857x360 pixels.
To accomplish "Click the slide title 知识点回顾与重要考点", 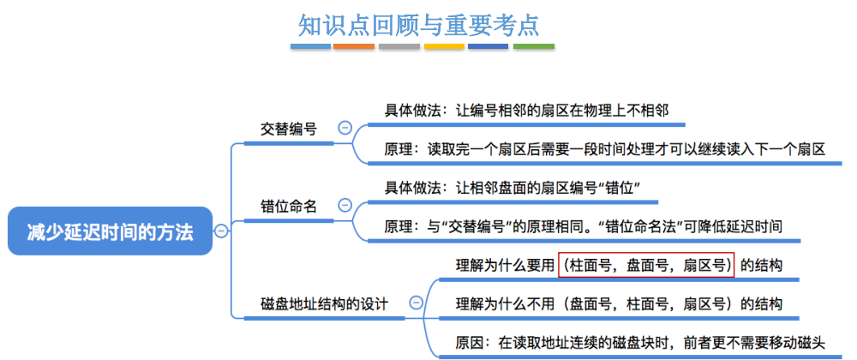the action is point(419,24).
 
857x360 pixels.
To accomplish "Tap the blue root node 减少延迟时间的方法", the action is point(110,231).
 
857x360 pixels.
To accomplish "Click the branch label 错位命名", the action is point(289,207).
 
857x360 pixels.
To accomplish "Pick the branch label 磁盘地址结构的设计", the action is point(325,303).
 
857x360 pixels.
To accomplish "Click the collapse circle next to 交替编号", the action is point(345,128).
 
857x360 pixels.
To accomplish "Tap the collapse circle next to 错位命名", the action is point(345,206).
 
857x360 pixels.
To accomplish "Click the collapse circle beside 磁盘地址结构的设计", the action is point(417,303).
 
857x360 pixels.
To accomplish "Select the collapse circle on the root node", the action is point(221,231).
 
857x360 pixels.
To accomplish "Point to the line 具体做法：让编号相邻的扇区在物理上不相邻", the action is point(525,110).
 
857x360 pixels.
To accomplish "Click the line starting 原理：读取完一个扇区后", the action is point(604,149).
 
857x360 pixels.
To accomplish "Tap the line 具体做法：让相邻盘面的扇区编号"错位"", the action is point(512,188).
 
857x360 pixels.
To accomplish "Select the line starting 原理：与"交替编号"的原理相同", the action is point(583,226).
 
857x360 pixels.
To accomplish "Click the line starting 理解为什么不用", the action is point(619,304).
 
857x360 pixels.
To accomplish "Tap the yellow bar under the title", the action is point(443,46).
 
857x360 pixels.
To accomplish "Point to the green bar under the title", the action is point(533,46).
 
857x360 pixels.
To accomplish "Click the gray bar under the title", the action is point(399,46).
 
